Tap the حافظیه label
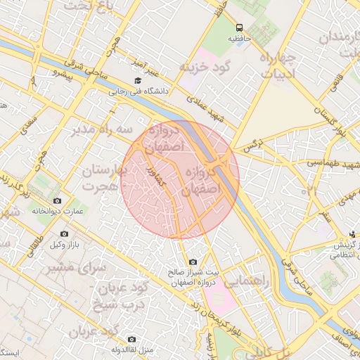[x=239, y=38]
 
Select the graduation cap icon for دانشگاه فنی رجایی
[x=137, y=80]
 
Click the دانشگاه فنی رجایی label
[x=137, y=91]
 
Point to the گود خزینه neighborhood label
[x=205, y=67]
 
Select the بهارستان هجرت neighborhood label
[x=104, y=179]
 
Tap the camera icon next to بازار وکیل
[x=64, y=233]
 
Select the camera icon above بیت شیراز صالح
[x=193, y=262]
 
